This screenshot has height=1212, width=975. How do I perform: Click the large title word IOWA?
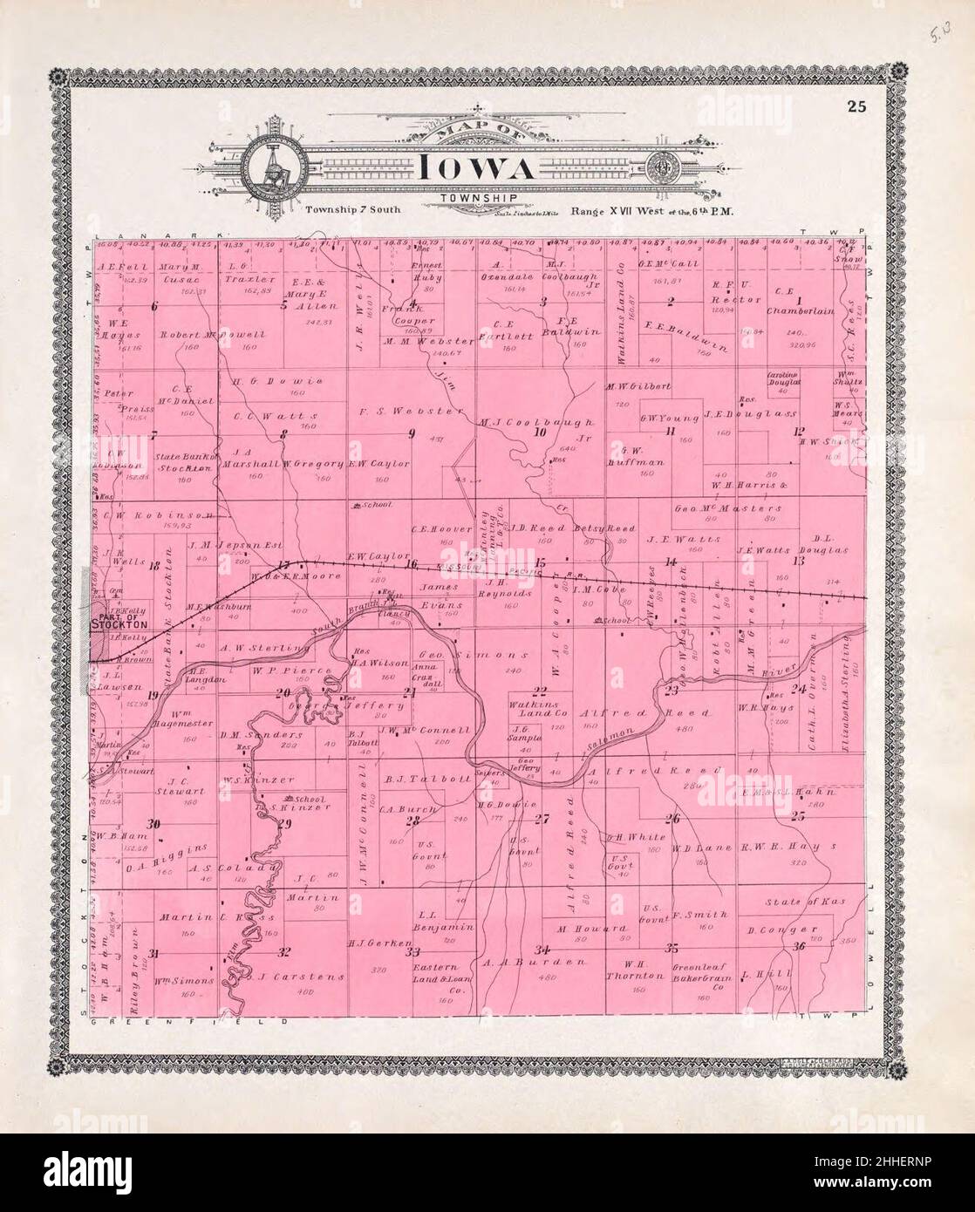click(x=474, y=167)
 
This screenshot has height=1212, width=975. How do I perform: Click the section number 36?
click(x=798, y=947)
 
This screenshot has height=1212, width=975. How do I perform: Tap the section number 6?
click(x=154, y=306)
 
